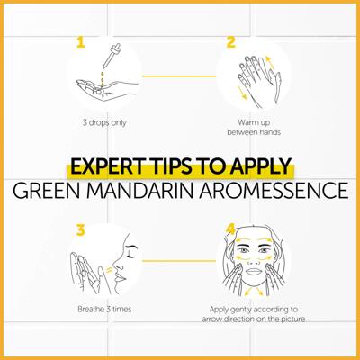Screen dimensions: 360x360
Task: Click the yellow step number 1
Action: pos(81,42)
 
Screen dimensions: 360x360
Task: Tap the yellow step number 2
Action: pos(230,42)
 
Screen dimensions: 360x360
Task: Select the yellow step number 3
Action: pos(80,230)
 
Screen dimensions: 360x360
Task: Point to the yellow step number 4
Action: pos(230,230)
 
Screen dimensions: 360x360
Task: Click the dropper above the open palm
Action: pos(112,56)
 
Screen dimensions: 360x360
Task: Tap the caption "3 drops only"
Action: pos(104,123)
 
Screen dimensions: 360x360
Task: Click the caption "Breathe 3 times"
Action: pos(104,309)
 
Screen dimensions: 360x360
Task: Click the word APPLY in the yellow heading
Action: pos(261,166)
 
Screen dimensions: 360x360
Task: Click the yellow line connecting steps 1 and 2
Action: pos(179,76)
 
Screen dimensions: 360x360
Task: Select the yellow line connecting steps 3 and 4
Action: pos(179,261)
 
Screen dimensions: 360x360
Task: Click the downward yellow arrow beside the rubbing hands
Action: pos(242,92)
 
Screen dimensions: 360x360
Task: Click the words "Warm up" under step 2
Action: pos(254,122)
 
